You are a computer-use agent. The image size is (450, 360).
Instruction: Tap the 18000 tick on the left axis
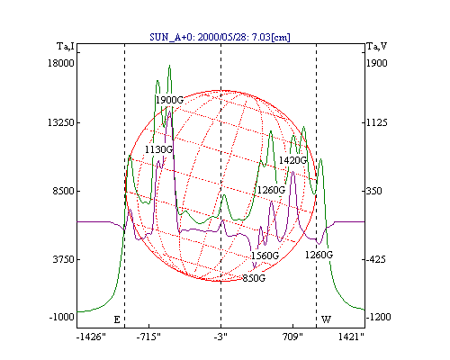click(61, 63)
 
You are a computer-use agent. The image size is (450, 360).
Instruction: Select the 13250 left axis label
click(61, 122)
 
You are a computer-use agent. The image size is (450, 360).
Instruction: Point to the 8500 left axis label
click(63, 191)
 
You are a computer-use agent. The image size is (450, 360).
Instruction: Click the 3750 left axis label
click(63, 259)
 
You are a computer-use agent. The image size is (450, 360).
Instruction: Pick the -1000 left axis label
click(61, 317)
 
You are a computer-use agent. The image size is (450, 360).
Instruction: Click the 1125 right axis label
click(377, 122)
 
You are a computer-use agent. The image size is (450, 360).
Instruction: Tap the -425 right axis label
click(375, 259)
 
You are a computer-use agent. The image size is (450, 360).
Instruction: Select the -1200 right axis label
click(378, 317)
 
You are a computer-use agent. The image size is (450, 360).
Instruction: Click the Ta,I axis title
click(66, 47)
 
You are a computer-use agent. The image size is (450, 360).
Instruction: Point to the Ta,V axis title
click(376, 47)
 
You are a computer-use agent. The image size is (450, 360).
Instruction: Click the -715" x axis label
click(148, 337)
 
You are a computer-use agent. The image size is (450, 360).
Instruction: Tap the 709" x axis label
click(293, 337)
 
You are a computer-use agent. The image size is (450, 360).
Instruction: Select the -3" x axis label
click(220, 337)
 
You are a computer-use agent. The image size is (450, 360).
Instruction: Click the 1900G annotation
click(169, 100)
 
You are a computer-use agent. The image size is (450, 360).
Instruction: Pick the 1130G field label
click(158, 149)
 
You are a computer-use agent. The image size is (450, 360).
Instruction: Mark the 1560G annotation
click(265, 256)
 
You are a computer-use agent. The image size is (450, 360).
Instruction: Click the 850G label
click(254, 278)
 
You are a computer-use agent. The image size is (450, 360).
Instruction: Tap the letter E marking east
click(117, 319)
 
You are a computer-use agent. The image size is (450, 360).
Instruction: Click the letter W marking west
click(326, 319)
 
